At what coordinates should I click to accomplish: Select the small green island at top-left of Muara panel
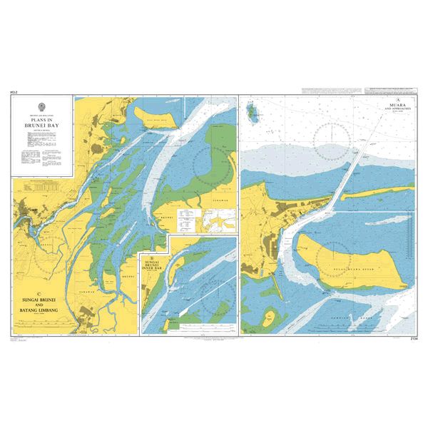tap(250, 111)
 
